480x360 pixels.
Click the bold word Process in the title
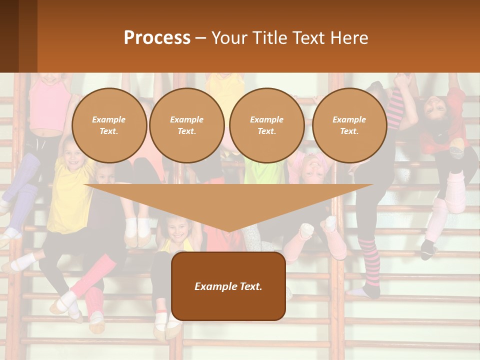157,38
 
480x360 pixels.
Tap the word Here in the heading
349,38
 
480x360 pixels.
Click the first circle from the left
109,125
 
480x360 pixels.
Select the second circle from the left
186,125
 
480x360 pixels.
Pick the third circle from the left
266,125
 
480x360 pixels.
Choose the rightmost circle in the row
349,125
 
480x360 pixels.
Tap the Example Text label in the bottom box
228,286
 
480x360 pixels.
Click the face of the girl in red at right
434,106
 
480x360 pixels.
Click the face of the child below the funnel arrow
176,229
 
